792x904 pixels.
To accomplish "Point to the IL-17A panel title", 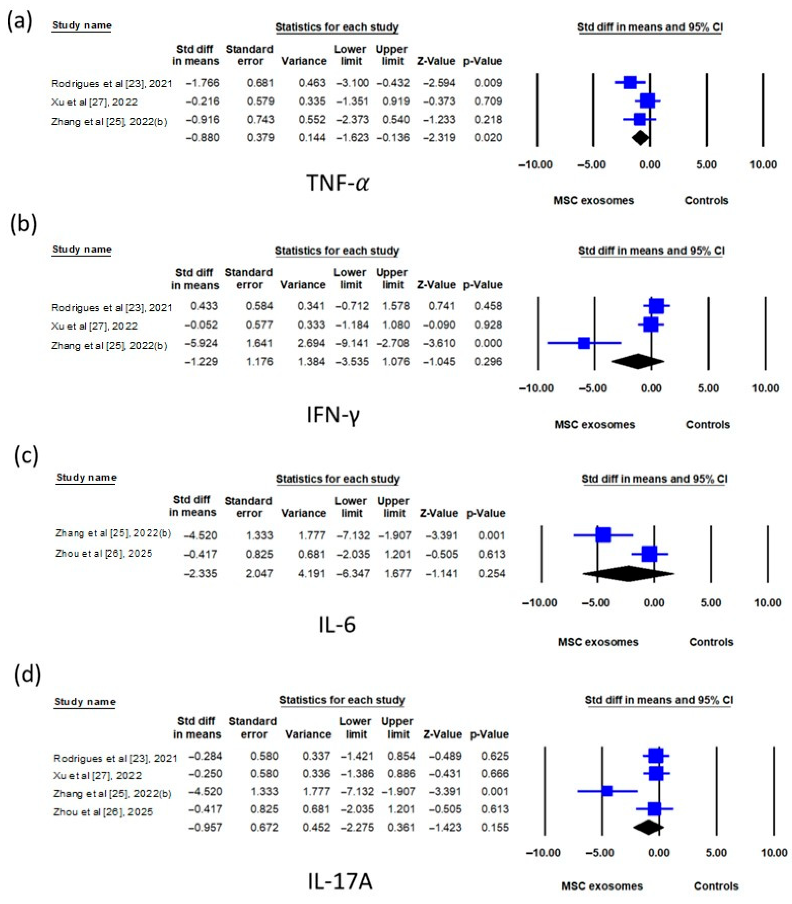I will pyautogui.click(x=340, y=881).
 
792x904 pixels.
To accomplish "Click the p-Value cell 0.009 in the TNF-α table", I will pyautogui.click(x=488, y=83).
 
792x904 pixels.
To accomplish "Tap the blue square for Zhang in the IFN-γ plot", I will pyautogui.click(x=584, y=343).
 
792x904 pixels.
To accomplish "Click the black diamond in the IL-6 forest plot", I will pyautogui.click(x=628, y=573).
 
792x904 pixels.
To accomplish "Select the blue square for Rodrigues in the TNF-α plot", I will pyautogui.click(x=630, y=83).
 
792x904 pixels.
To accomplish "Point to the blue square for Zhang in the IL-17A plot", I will pyautogui.click(x=607, y=791).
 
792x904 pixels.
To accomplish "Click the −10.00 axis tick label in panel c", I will pyautogui.click(x=539, y=603).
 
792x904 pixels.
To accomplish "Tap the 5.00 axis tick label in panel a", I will pyautogui.click(x=706, y=165).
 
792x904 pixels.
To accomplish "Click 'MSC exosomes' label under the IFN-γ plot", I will pyautogui.click(x=595, y=425).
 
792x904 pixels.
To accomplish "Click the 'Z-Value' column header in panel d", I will pyautogui.click(x=442, y=734).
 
